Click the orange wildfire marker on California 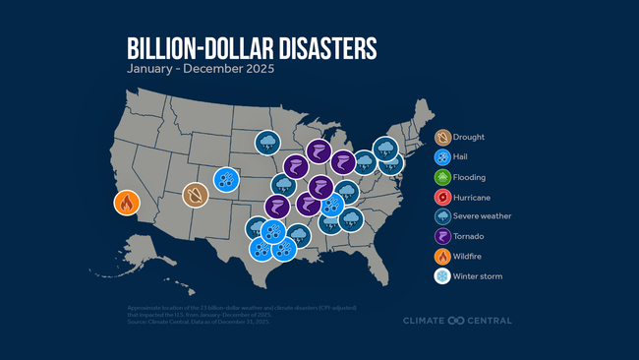[126, 204]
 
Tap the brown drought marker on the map [195, 195]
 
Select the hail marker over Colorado [227, 180]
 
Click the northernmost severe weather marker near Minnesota [267, 143]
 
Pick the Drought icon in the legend [443, 138]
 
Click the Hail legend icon [443, 157]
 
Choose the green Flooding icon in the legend [443, 177]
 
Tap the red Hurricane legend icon [443, 197]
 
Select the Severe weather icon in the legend [443, 216]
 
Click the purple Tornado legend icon [443, 236]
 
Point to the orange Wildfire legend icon [443, 257]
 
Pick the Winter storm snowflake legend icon [443, 276]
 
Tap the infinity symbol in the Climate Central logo [456, 320]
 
